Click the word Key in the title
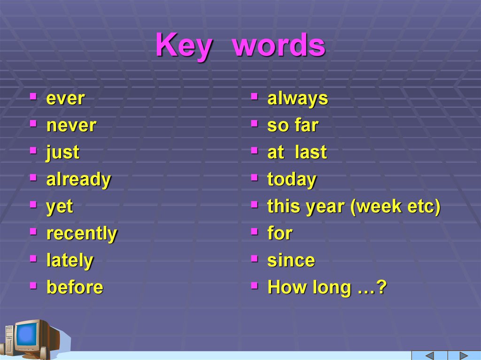tap(183, 46)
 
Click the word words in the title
tap(278, 46)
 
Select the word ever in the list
tap(65, 99)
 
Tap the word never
tap(71, 125)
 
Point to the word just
tap(62, 153)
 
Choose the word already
tap(78, 179)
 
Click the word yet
tap(60, 207)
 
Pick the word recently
tap(82, 233)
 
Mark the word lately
tap(70, 260)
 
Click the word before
tap(75, 287)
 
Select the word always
tap(297, 99)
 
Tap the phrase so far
tap(293, 125)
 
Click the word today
tap(292, 179)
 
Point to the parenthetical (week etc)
tap(395, 207)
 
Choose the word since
tap(291, 260)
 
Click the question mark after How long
tap(381, 287)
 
